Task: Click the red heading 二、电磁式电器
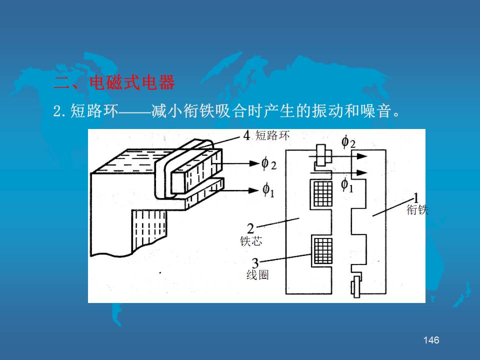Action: pos(114,82)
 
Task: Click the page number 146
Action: pos(431,340)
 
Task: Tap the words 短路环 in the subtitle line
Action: pos(94,110)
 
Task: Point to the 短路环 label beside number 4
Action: pos(272,135)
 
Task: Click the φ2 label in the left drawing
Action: pos(269,164)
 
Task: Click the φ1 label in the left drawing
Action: pos(268,190)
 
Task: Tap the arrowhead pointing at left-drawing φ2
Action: pos(254,163)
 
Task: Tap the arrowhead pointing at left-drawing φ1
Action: pos(254,190)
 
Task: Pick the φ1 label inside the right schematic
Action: pos(347,185)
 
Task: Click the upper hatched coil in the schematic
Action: pos(322,194)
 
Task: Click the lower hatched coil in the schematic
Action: pos(323,251)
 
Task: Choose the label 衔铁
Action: pos(417,209)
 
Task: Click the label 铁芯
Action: pos(251,241)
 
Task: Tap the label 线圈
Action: pos(257,275)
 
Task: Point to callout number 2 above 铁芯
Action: pos(250,228)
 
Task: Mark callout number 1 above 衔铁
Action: pos(415,198)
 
